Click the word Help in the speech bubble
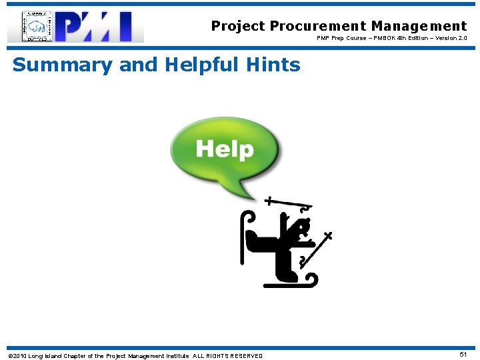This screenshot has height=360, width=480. click(x=225, y=149)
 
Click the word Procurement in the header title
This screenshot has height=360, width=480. click(x=319, y=26)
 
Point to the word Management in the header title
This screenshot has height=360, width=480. click(x=419, y=26)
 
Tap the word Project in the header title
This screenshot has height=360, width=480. click(x=238, y=26)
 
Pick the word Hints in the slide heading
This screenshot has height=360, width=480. click(x=275, y=65)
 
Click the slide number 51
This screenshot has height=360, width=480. click(x=463, y=355)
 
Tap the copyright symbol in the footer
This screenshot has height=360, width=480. click(x=9, y=356)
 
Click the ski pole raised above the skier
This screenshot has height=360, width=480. click(x=287, y=204)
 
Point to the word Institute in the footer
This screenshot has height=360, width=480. click(x=174, y=356)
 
